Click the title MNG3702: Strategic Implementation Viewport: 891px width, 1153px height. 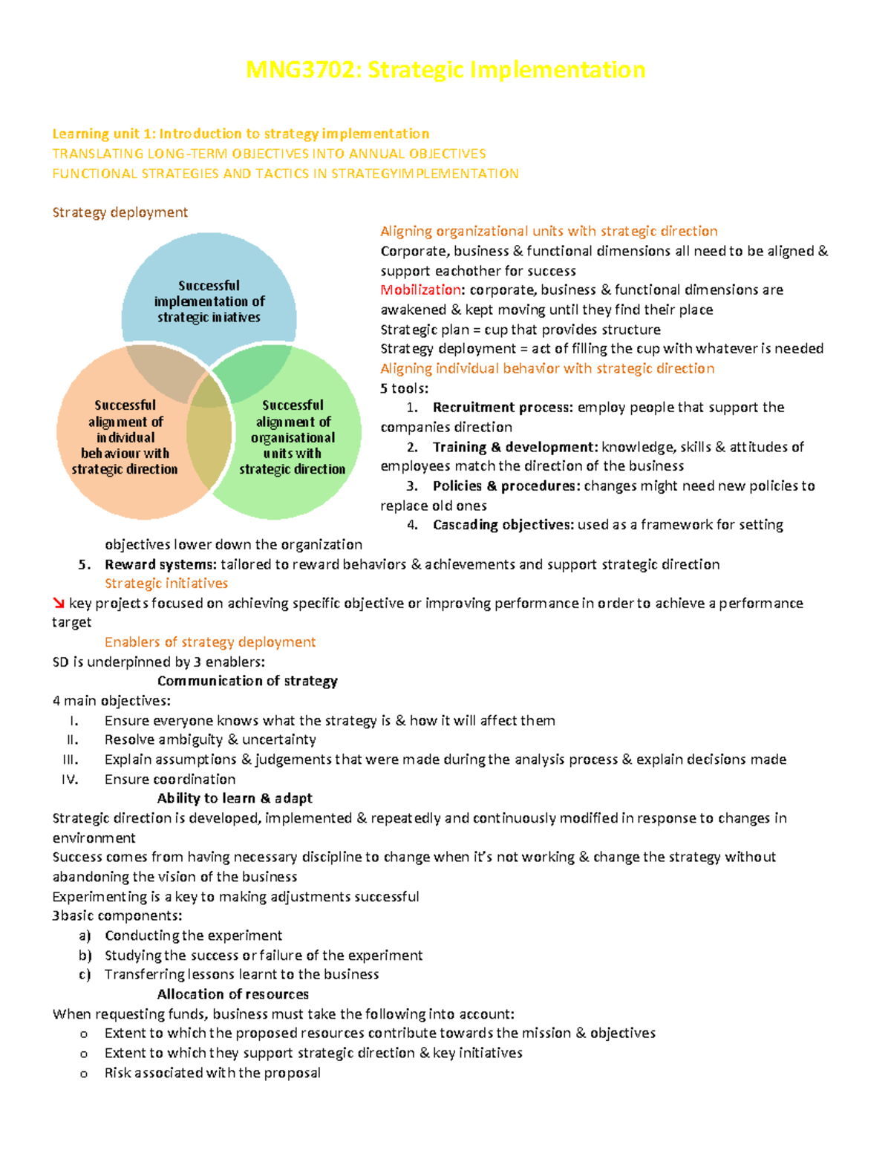446,70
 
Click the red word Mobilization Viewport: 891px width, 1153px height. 420,290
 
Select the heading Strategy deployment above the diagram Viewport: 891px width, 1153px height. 120,212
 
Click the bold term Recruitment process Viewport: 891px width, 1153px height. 503,407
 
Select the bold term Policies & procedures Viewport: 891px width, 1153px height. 506,486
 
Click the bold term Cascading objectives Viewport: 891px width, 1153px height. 503,525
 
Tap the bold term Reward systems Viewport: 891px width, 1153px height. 160,564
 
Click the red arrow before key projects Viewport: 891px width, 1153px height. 59,604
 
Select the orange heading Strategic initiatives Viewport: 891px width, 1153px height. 166,584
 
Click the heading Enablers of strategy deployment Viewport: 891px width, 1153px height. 210,642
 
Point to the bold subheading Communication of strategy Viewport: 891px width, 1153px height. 247,681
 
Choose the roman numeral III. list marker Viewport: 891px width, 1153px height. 71,760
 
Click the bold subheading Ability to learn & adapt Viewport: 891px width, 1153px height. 235,798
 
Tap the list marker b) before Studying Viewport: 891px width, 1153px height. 85,956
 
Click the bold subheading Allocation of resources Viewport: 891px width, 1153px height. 233,994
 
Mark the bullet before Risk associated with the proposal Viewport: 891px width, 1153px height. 83,1074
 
